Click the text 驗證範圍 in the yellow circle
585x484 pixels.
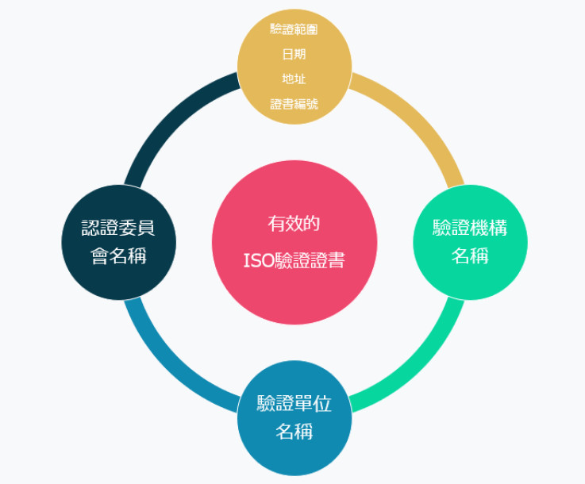click(294, 29)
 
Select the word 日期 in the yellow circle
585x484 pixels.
click(294, 54)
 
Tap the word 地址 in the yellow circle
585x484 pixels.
click(294, 79)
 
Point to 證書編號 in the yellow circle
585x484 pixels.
click(294, 104)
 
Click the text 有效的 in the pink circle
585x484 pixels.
click(294, 224)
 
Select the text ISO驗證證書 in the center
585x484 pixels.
click(294, 260)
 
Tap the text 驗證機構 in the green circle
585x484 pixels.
click(470, 228)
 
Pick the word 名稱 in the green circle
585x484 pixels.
click(470, 255)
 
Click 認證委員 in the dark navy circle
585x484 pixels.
click(118, 228)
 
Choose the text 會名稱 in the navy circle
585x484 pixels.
click(118, 255)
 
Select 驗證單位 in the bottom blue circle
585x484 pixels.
click(294, 403)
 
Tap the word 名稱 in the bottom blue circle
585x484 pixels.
click(294, 432)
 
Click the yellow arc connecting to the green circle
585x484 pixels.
click(418, 118)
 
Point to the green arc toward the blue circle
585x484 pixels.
click(418, 367)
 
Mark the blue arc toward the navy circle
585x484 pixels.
click(170, 367)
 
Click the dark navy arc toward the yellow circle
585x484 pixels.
click(170, 118)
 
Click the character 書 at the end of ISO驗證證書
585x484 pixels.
click(337, 260)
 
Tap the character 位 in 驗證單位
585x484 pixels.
click(323, 403)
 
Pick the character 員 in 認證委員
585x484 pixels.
click(146, 228)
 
